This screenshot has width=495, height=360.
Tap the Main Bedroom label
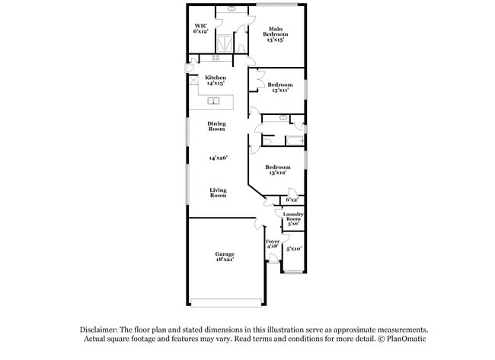tap(276, 31)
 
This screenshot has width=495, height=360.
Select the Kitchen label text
tap(216, 78)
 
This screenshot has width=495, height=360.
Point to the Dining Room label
tap(217, 126)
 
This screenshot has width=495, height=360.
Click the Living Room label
tap(219, 193)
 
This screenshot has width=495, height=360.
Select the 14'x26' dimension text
tap(219, 158)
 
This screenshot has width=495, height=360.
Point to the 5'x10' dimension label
tap(293, 248)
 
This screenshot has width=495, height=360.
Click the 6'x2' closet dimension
tap(292, 199)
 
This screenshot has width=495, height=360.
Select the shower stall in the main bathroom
tap(226, 42)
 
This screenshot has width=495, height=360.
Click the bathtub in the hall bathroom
tap(293, 141)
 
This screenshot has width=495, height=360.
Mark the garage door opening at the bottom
tap(226, 302)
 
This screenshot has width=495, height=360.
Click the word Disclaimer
tap(101, 329)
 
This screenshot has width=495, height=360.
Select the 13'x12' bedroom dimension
tap(278, 173)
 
